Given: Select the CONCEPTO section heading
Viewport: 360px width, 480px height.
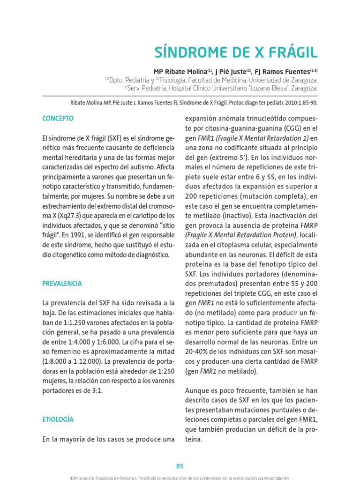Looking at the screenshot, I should point(58,119).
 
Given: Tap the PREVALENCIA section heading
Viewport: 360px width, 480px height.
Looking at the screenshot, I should point(62,283).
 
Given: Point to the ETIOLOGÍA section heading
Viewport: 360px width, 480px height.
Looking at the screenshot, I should point(58,419).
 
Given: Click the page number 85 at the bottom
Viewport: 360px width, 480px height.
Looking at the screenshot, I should point(180,466).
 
